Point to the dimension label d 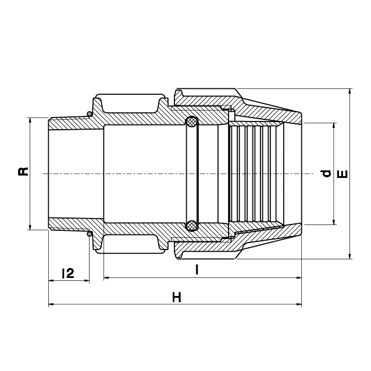(326, 173)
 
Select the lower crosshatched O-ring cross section (191, 224)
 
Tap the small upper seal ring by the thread (89, 113)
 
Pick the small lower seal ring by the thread (89, 234)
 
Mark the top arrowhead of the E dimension (349, 92)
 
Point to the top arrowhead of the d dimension (334, 126)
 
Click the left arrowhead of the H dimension (51, 304)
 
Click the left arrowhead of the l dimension (106, 279)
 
